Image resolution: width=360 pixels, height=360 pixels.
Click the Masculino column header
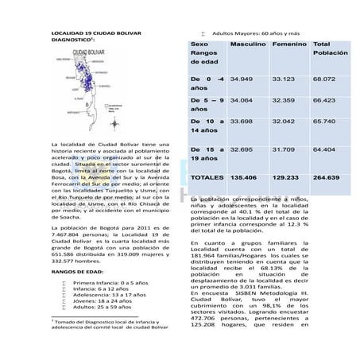point(248,45)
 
